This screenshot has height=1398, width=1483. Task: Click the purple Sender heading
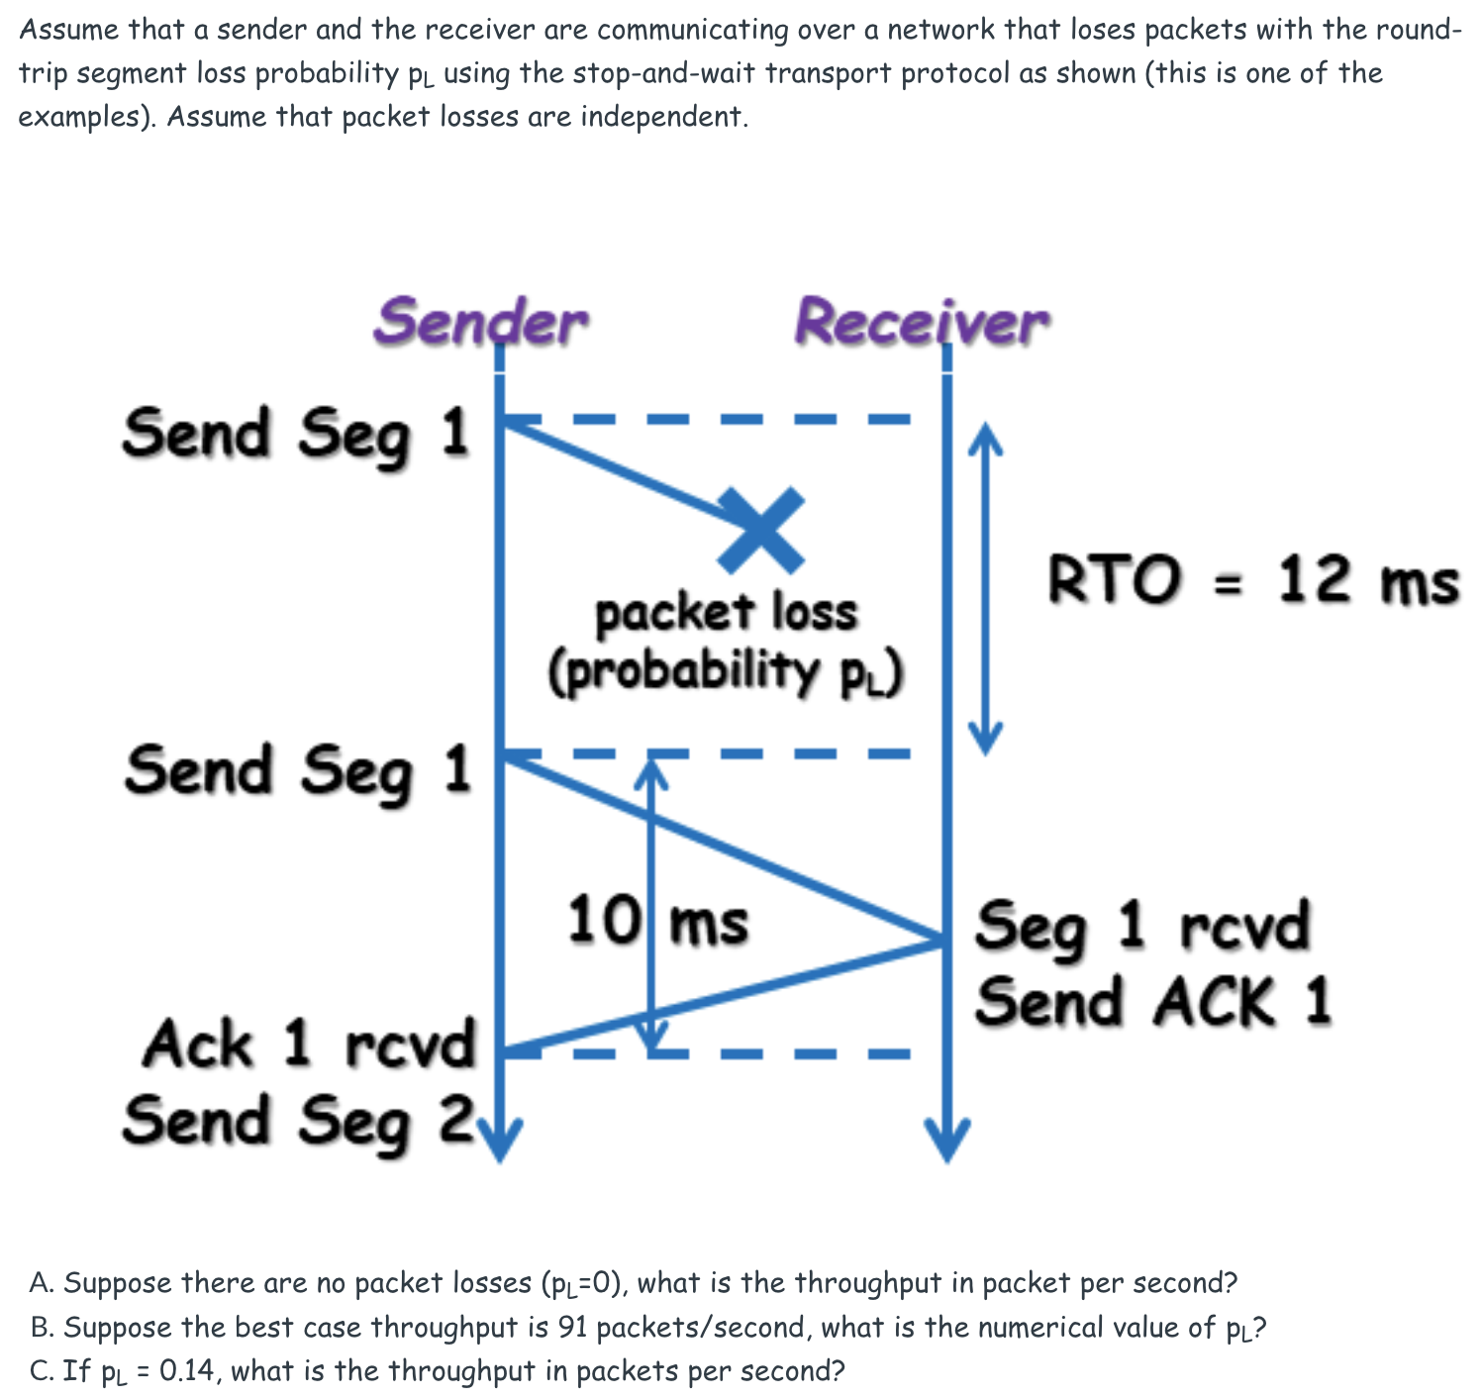click(x=481, y=322)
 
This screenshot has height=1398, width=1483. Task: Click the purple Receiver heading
click(x=921, y=322)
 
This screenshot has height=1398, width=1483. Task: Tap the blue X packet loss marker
click(x=761, y=531)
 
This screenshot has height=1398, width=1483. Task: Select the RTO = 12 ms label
click(x=1252, y=579)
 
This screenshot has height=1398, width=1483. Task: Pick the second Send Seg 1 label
click(x=297, y=771)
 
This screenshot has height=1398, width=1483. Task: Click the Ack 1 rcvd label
click(x=309, y=1045)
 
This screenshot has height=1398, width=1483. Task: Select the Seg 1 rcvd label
click(x=1142, y=927)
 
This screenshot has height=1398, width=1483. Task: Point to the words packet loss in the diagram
click(x=726, y=613)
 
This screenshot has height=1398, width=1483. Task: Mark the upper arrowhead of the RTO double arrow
click(x=984, y=436)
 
